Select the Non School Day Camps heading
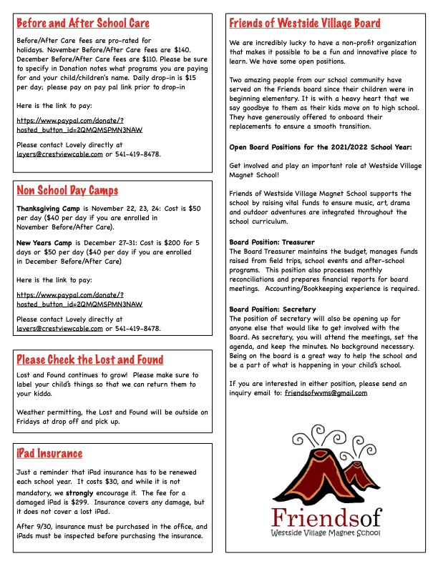pyautogui.click(x=67, y=191)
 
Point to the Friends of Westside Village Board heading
pyautogui.click(x=305, y=24)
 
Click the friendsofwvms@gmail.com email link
pyautogui.click(x=326, y=392)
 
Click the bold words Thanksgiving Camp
pyautogui.click(x=47, y=209)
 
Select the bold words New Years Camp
pyautogui.click(x=43, y=243)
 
